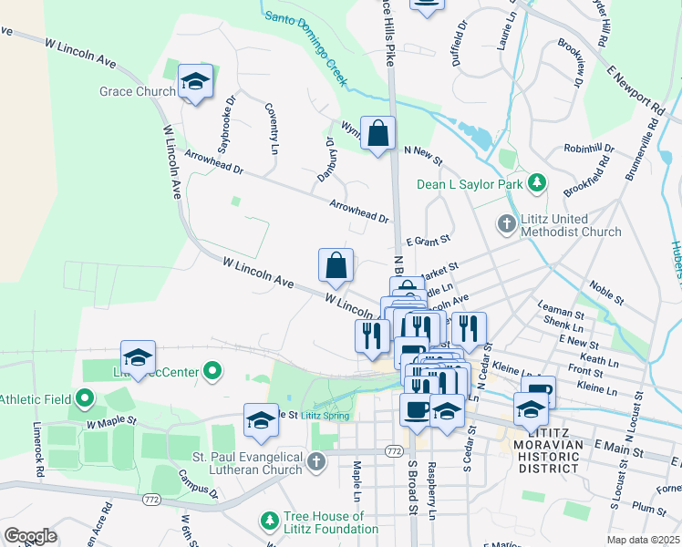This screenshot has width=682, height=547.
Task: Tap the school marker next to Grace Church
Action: [x=195, y=83]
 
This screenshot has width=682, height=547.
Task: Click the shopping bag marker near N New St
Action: [x=377, y=135]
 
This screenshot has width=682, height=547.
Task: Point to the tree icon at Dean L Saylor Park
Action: [x=538, y=183]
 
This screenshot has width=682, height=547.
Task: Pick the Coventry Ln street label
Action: [x=272, y=128]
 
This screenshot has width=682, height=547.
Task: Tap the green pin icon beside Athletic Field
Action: [x=85, y=398]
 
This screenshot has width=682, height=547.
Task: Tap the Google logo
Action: [x=30, y=536]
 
